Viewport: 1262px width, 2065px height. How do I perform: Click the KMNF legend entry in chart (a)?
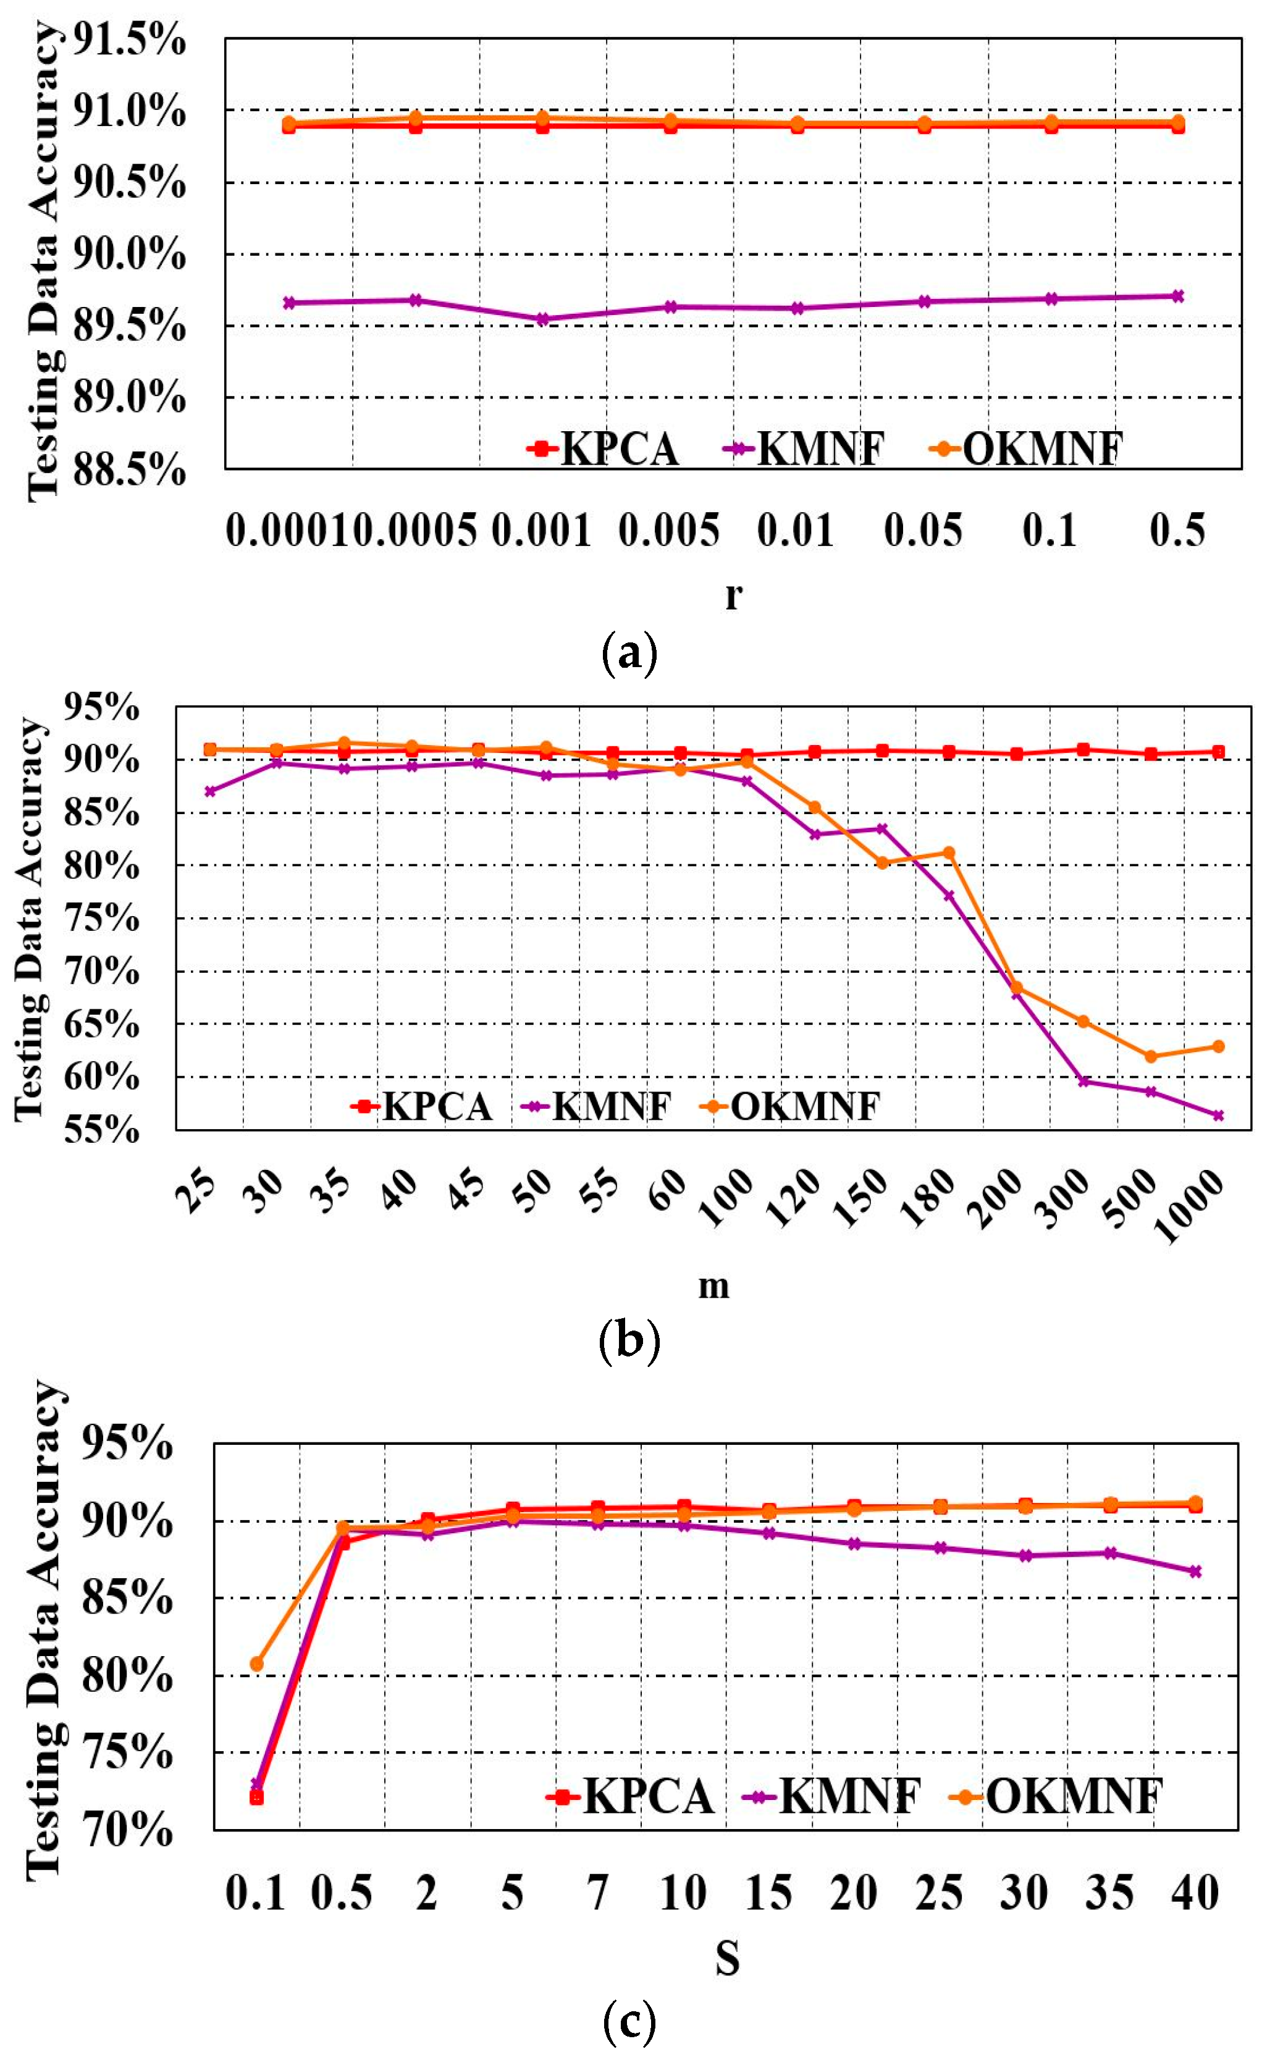point(803,448)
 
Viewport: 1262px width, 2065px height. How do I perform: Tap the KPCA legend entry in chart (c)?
point(630,1796)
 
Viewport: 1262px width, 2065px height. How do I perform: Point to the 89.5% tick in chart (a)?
point(127,326)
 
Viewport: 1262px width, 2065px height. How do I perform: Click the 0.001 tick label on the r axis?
point(541,531)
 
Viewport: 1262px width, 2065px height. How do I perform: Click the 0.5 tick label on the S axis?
point(342,1893)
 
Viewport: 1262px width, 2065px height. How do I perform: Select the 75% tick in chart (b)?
point(101,919)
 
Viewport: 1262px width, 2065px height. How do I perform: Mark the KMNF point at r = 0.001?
point(543,319)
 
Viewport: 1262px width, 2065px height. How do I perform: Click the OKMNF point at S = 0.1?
point(257,1663)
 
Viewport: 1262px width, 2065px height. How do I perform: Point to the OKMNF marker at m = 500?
point(1151,1057)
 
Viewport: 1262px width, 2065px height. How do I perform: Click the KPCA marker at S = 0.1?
point(257,1798)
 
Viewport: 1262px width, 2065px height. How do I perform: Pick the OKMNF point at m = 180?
point(949,852)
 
